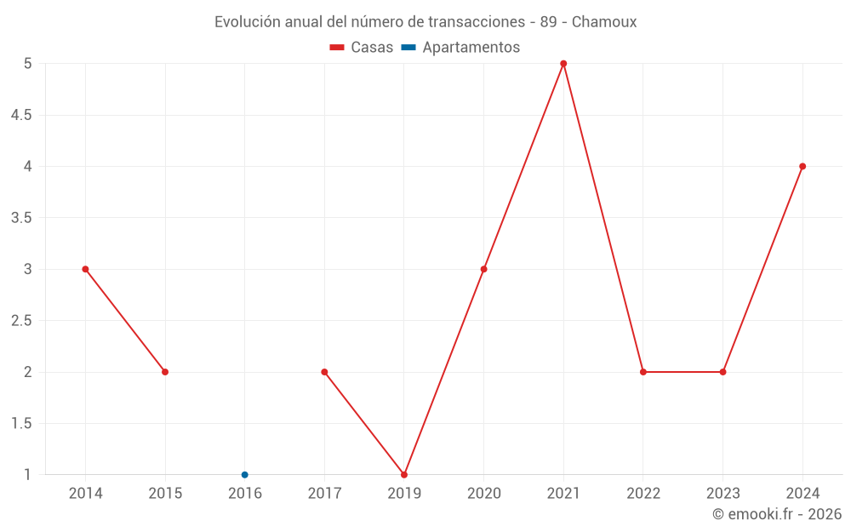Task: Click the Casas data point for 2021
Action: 563,64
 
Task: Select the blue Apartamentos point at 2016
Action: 245,475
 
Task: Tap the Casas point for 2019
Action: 404,475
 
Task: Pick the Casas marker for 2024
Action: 802,166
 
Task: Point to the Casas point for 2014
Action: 85,269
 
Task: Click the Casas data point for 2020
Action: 483,269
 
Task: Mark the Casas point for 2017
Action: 324,372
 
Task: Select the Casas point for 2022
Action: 643,372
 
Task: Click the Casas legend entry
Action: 362,48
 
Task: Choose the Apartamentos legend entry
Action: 460,48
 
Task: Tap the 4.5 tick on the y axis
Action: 21,115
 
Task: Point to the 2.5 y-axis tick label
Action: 21,321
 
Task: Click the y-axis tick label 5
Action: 27,64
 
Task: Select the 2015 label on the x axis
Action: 165,494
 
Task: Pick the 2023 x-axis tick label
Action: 722,494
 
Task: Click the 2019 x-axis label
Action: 404,494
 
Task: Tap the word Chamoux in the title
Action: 604,22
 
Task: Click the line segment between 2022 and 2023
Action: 683,372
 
